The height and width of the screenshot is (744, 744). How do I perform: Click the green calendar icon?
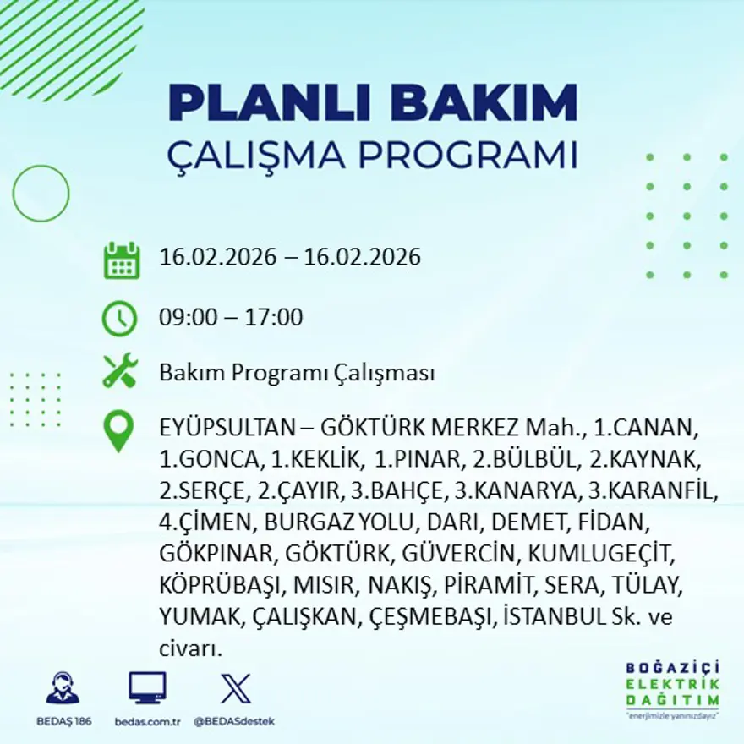click(x=121, y=260)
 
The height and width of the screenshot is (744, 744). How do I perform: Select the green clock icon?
click(x=119, y=319)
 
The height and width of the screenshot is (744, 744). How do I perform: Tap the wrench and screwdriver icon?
click(x=119, y=372)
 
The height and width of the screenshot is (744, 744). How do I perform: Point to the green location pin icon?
click(x=118, y=430)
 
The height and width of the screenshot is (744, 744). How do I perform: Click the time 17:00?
click(x=275, y=319)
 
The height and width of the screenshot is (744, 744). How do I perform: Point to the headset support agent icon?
click(x=63, y=688)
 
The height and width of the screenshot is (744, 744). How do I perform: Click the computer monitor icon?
click(x=147, y=688)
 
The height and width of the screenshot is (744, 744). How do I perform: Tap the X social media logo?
click(x=234, y=688)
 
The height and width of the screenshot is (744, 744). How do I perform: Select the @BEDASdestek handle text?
click(x=234, y=721)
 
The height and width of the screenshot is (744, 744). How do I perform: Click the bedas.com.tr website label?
click(x=147, y=721)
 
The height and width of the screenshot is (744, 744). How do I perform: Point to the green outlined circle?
click(x=41, y=193)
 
